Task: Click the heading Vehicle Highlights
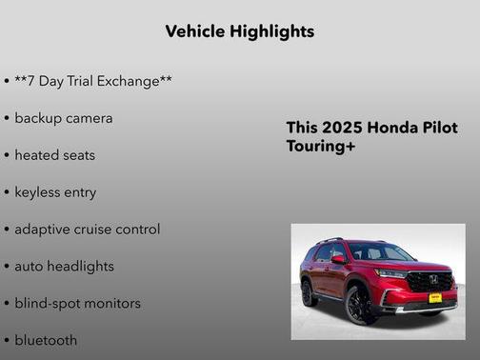coord(239,31)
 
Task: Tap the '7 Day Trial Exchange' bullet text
coord(93,81)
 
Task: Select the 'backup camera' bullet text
coord(64,118)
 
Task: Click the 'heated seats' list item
coord(55,155)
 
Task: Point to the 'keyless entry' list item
coord(55,192)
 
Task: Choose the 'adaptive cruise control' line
coord(88,230)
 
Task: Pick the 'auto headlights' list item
coord(64,267)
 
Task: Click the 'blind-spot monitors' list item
coord(77,304)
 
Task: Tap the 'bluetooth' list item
coord(46,340)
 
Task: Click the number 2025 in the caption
coord(341,129)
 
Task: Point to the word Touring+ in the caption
coord(320,147)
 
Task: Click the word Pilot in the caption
coord(439,129)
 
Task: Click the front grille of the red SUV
coord(430,282)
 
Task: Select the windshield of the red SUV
coord(379,252)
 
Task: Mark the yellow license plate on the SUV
coord(434,298)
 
